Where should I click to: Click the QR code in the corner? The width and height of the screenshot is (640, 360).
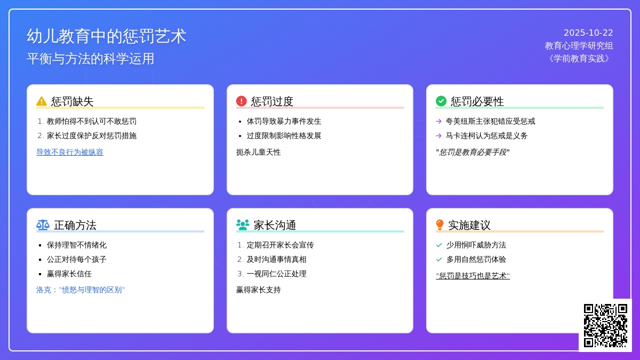tap(605, 325)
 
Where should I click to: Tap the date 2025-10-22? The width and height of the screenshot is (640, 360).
tap(588, 33)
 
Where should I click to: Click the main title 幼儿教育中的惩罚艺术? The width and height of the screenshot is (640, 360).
tap(107, 36)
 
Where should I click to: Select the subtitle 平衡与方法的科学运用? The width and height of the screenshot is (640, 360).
tap(91, 59)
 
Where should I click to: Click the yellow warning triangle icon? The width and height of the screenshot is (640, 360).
tap(42, 101)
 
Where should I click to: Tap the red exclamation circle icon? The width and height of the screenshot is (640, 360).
tap(242, 101)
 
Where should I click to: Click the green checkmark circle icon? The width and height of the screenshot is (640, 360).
tap(441, 101)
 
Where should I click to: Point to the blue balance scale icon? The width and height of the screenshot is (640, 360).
tap(43, 225)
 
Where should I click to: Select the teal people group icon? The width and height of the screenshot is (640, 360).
tap(243, 225)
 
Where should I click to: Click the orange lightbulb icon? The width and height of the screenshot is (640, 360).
tap(440, 225)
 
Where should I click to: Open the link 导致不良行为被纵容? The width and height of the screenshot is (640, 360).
tap(70, 152)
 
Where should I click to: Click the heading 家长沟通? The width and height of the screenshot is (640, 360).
tap(275, 225)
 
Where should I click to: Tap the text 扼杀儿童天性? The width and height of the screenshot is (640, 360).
tap(259, 152)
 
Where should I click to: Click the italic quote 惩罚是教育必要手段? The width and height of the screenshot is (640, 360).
tap(473, 152)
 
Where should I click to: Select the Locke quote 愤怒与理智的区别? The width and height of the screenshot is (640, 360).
tap(81, 290)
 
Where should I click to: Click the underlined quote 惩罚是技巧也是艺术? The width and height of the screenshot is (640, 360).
tap(473, 276)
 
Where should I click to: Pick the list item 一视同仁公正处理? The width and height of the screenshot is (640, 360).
tap(276, 274)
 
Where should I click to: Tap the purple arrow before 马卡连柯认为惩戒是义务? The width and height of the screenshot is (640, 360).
tap(439, 136)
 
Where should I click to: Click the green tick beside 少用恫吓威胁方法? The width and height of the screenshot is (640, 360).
tap(439, 245)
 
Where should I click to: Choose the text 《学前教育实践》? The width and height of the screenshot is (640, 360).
tap(579, 59)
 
